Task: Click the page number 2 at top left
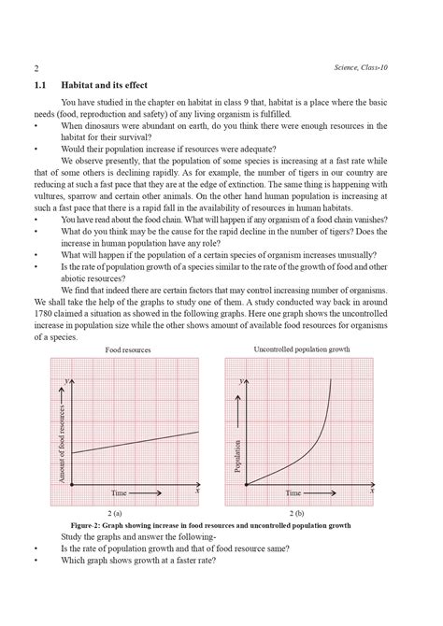[36, 69]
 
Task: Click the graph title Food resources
[128, 349]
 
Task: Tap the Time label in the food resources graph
[119, 491]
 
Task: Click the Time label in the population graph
[293, 491]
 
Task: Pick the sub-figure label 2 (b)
[299, 514]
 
